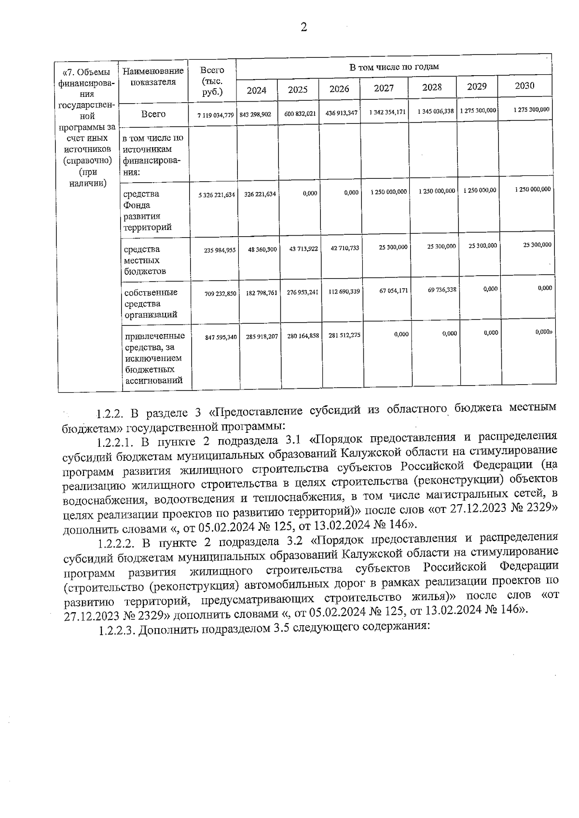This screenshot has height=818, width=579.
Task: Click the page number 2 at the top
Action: point(303,27)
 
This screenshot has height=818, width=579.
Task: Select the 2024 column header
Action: point(256,90)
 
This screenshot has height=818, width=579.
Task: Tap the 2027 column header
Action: point(384,88)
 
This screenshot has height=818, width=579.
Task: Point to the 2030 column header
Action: point(524,86)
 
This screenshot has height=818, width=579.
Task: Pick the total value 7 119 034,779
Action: point(215,115)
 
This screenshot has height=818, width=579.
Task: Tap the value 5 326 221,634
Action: point(217,195)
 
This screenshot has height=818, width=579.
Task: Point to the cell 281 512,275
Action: point(344,335)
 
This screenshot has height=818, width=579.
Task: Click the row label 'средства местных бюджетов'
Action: point(145,260)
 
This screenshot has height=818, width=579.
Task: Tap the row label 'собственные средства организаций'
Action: point(151,304)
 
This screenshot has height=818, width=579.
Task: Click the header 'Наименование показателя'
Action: point(153,77)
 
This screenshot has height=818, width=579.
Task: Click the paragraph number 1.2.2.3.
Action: point(117,630)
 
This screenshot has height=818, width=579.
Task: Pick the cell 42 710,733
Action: point(344,248)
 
